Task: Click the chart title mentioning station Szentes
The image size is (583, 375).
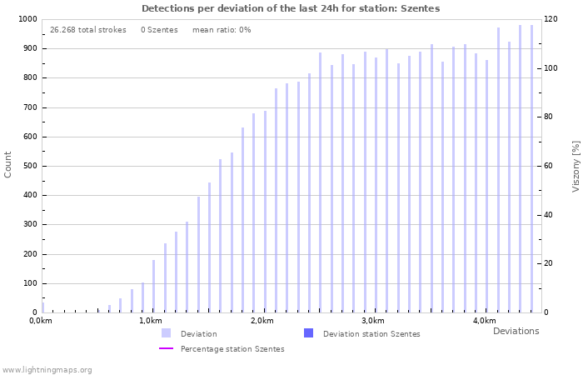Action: pos(291,8)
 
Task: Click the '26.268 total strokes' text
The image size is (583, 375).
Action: pos(87,30)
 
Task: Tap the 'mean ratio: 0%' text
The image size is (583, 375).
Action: pos(222,30)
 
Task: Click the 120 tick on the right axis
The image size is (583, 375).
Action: pos(551,19)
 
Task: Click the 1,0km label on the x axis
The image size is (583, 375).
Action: pos(151,321)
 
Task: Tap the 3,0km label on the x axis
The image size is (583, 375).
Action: pos(373,321)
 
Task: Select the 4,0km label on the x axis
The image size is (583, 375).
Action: pos(484,321)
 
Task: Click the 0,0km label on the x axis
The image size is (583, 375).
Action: pos(40,321)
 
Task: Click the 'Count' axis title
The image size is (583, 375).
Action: pos(8,164)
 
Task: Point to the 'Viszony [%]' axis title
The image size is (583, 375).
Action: pos(576,166)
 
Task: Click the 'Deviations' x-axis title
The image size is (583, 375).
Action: pos(516,331)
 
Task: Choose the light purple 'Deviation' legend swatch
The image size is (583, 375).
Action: pos(167,333)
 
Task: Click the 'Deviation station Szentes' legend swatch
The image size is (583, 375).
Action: pos(309,333)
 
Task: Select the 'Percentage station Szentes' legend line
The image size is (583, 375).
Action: pos(167,349)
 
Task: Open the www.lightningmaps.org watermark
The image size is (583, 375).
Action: pos(47,369)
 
